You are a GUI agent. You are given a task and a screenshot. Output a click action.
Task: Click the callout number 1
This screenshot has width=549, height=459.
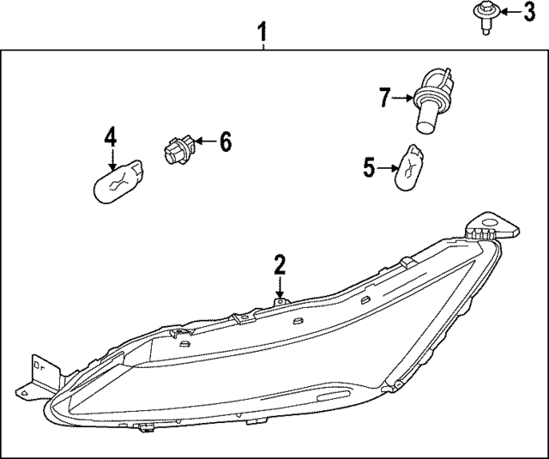(x=264, y=33)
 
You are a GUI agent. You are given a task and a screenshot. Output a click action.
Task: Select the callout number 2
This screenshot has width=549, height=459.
(x=280, y=265)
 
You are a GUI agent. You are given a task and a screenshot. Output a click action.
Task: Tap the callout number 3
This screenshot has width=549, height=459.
(x=529, y=12)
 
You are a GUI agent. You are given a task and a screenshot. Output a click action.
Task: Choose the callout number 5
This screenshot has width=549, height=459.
(x=369, y=167)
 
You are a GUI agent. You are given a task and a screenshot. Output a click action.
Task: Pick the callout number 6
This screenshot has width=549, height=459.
(x=225, y=142)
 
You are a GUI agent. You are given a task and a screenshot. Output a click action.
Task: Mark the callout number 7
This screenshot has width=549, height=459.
(x=385, y=98)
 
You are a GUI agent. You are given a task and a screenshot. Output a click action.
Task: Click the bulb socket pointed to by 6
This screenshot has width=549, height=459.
(x=176, y=148)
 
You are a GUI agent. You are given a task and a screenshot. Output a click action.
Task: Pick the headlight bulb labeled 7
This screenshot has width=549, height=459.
(x=427, y=106)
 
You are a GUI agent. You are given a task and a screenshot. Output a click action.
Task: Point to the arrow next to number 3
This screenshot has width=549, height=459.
(x=506, y=12)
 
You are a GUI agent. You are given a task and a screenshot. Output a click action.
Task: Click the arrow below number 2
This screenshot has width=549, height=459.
(x=280, y=287)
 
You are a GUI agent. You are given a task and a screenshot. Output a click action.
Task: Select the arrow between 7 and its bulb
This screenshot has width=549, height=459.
(x=405, y=99)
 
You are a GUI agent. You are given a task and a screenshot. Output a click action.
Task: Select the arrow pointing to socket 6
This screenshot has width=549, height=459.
(x=202, y=142)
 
